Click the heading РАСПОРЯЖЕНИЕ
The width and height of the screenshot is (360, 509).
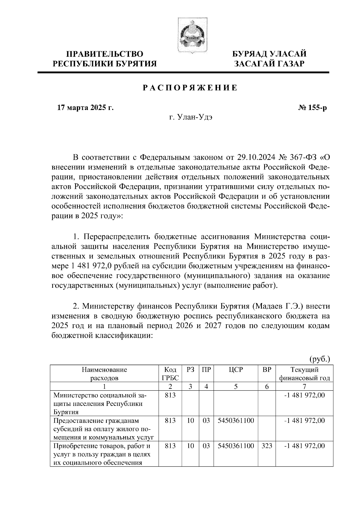190,88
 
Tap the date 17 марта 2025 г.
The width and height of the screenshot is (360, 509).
85,107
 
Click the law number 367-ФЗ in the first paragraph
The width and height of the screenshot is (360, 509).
301,157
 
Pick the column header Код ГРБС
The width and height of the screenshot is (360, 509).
170,374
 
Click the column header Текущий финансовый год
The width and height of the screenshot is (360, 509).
304,374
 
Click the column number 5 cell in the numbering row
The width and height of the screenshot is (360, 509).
236,386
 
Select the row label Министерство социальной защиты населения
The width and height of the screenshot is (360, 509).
99,403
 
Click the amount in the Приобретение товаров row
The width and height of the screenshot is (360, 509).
304,446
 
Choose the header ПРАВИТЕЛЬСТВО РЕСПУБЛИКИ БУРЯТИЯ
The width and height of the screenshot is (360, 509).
105,59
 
